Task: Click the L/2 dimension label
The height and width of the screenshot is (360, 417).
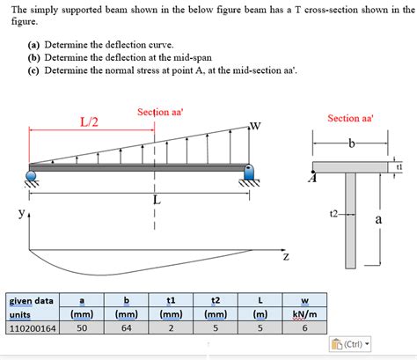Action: pyautogui.click(x=89, y=121)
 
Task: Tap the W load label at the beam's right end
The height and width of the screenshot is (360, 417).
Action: pyautogui.click(x=255, y=125)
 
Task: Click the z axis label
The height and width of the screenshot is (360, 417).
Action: pyautogui.click(x=285, y=258)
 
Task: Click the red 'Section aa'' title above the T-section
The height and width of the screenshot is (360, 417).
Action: pyautogui.click(x=350, y=118)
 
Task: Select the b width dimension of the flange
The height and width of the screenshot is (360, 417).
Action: pyautogui.click(x=350, y=143)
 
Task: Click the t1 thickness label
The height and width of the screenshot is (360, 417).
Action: pyautogui.click(x=399, y=165)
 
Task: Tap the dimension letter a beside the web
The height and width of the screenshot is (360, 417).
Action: pyautogui.click(x=379, y=219)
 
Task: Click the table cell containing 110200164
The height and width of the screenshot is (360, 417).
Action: pyautogui.click(x=32, y=329)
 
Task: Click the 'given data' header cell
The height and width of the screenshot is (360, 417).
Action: pyautogui.click(x=32, y=300)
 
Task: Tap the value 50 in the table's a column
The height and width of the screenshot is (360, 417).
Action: pyautogui.click(x=83, y=329)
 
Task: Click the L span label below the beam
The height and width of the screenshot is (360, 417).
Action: pyautogui.click(x=157, y=200)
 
